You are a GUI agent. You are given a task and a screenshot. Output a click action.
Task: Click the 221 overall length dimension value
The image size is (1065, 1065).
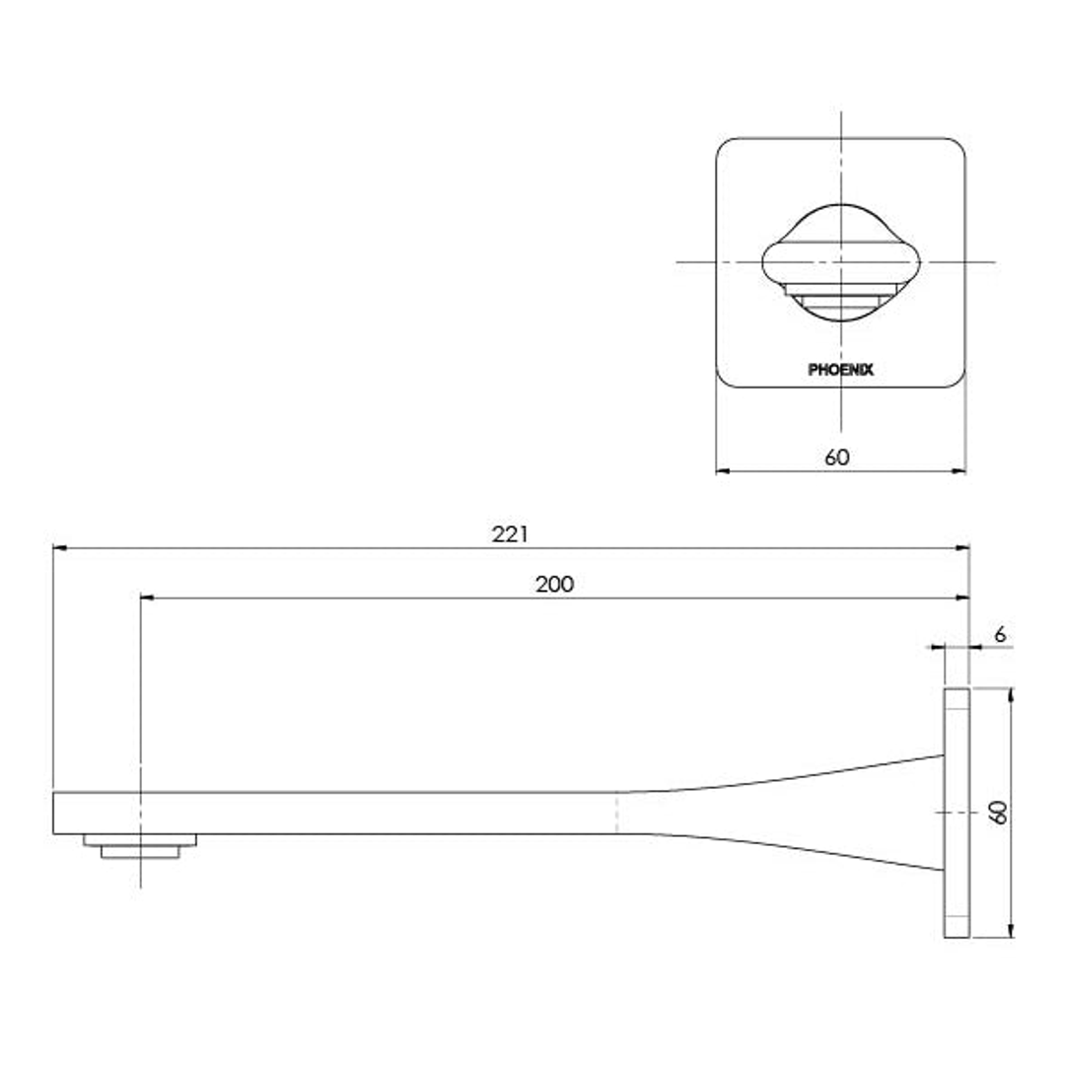(x=511, y=533)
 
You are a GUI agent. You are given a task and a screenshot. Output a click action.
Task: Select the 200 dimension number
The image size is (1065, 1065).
(x=554, y=584)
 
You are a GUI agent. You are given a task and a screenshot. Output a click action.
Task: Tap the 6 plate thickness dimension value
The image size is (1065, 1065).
(x=1000, y=635)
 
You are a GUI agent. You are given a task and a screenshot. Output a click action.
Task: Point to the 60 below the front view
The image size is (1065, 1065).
(x=837, y=457)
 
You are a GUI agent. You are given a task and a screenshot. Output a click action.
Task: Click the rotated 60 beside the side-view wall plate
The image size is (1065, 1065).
(x=998, y=813)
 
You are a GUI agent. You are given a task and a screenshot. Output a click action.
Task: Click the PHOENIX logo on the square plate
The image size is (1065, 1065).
(x=840, y=371)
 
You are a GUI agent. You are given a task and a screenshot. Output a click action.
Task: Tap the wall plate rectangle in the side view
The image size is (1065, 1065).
(x=957, y=813)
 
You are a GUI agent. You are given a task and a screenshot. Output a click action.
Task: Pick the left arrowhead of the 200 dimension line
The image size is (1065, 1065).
(x=147, y=598)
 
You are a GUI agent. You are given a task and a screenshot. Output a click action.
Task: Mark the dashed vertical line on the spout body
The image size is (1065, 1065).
(x=617, y=813)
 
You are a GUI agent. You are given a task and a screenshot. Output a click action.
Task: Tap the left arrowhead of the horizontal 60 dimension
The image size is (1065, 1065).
(x=722, y=471)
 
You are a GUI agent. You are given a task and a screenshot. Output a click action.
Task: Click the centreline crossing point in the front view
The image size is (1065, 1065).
(x=840, y=262)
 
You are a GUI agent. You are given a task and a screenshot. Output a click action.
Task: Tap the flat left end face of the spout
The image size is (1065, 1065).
(x=54, y=813)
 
